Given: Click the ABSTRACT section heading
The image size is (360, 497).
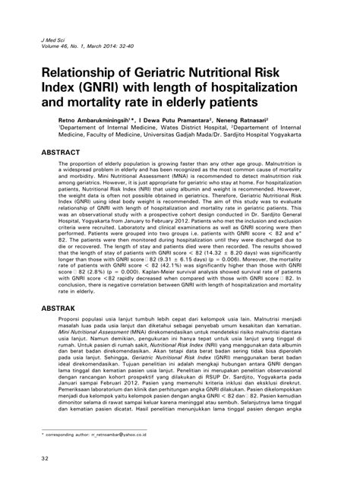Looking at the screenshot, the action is coord(54,152).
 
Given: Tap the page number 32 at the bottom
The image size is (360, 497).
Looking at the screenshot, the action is coord(34,479).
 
